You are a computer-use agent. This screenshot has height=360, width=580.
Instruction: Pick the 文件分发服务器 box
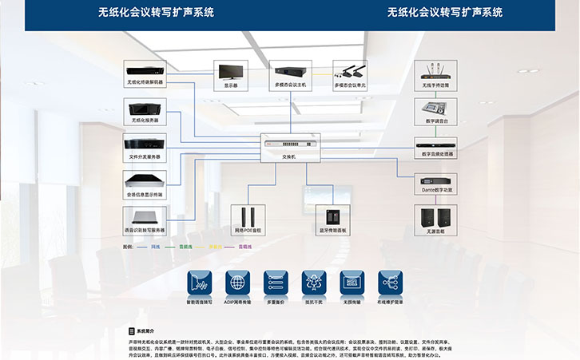pos(145,146)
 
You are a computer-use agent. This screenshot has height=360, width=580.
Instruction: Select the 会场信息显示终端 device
pos(145,183)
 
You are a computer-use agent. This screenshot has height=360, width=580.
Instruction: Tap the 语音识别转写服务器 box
pos(145,219)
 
